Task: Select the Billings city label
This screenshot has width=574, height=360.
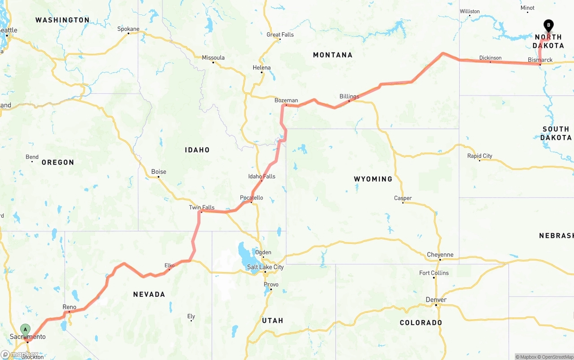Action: click(x=349, y=96)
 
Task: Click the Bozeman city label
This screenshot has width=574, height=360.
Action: click(x=286, y=100)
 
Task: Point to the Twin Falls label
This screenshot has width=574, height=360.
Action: click(x=201, y=208)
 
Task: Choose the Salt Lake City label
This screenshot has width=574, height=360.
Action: click(x=265, y=267)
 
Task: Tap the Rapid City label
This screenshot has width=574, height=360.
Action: click(x=479, y=156)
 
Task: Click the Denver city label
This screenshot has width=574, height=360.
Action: click(x=436, y=300)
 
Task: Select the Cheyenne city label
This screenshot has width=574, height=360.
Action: click(x=440, y=255)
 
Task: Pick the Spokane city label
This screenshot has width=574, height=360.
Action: click(x=128, y=29)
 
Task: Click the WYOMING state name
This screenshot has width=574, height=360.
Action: click(x=373, y=179)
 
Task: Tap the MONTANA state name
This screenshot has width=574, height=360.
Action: click(x=333, y=55)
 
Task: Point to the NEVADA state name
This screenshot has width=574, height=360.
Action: click(x=149, y=294)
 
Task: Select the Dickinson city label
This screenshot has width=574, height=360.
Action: click(x=490, y=58)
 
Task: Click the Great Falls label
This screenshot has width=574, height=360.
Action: click(x=280, y=35)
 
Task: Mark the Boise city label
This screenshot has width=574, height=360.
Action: click(x=159, y=172)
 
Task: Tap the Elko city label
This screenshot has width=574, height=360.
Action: click(x=170, y=265)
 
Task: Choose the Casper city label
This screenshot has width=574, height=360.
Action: click(x=403, y=198)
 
